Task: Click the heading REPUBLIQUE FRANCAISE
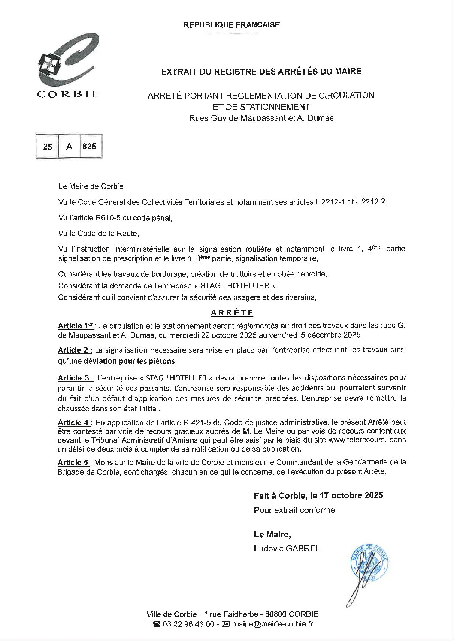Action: pos(231,25)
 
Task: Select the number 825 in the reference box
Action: pos(89,146)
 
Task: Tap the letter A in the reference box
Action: pos(69,146)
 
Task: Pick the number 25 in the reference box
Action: pos(48,146)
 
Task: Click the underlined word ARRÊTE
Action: pos(232,313)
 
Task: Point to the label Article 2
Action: pos(75,350)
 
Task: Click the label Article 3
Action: pos(74,378)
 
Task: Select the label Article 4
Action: pos(75,422)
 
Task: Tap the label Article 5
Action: pos(74,463)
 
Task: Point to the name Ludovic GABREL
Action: pos(287,548)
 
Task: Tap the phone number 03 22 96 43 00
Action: pos(188,624)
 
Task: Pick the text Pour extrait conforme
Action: pos(294,510)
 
